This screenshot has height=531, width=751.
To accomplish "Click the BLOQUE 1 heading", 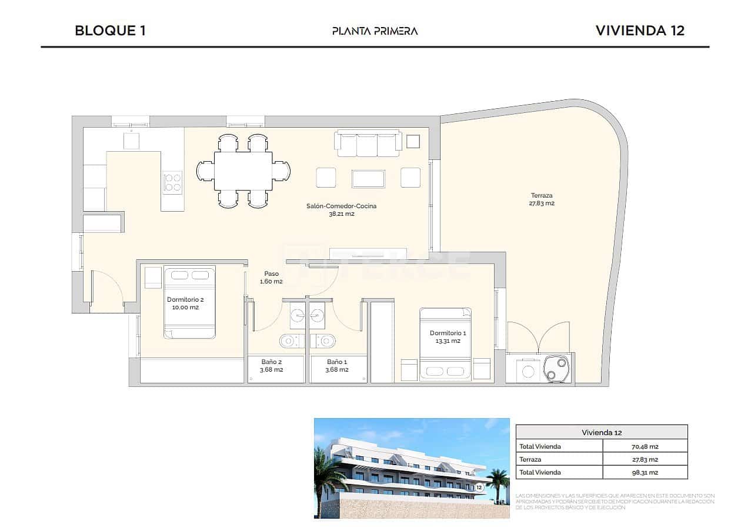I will pos(110,31).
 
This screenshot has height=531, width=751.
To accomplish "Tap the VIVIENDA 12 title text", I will pos(640,31).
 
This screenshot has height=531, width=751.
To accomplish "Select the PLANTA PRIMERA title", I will pos(375,31).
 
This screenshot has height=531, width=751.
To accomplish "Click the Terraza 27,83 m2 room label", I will pos(542,199).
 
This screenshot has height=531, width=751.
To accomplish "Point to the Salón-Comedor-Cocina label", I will pos(341,210).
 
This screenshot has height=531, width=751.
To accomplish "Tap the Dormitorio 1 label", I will pos(448,336).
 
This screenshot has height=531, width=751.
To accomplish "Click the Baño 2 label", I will pos(272,366).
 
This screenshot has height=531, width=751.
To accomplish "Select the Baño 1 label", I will pos(338,366).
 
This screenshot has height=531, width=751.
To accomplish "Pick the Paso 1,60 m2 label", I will pos(271,278).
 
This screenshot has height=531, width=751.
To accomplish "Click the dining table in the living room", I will pos(243,171).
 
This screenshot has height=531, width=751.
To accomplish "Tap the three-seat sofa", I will pos(368,144).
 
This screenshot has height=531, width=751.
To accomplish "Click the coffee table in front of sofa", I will pos(368,179).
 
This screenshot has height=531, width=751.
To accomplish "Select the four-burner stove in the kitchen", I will pos(172,182).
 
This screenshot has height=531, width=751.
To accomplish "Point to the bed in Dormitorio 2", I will pos(189,302).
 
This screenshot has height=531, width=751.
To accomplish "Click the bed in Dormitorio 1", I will pos(445,344).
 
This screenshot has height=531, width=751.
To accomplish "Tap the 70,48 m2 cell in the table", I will pos(645,446).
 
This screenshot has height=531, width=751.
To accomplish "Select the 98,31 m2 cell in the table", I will pos(645,472).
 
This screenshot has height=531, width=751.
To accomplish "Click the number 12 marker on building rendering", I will pos(479,487).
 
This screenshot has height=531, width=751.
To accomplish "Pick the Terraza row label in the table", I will pos(530,459).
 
